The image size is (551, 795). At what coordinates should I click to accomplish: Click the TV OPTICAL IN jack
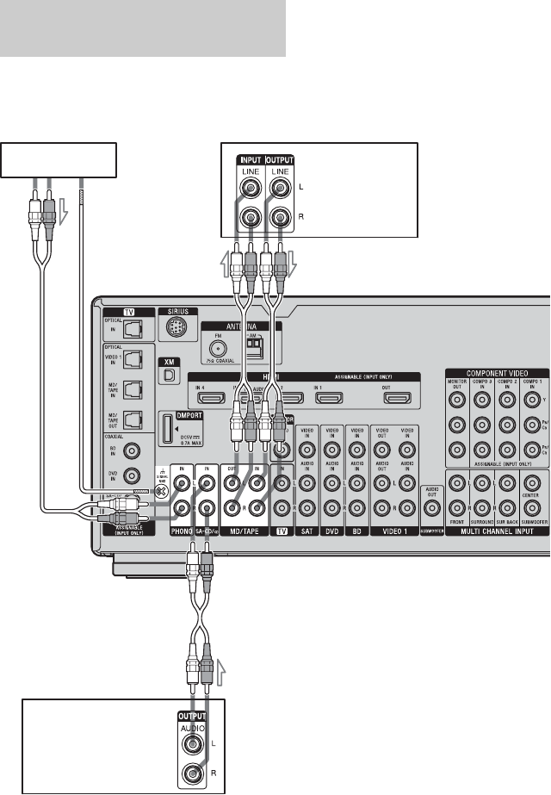tap(132, 328)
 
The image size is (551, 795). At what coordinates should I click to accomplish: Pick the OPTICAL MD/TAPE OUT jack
tap(132, 420)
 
